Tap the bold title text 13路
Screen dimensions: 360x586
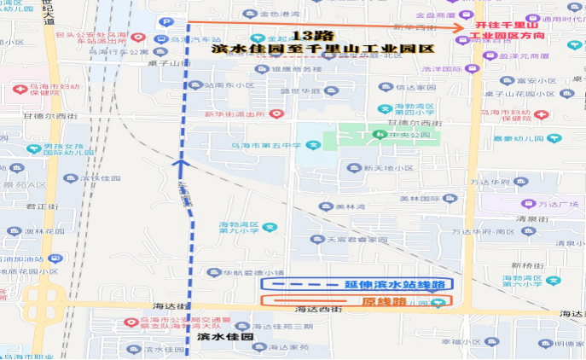[x=310, y=37]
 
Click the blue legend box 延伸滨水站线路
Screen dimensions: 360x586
[x=357, y=283]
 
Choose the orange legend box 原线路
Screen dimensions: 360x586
[x=357, y=301]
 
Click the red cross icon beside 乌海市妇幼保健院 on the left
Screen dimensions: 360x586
[x=18, y=89]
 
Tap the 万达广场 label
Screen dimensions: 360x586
[x=559, y=205]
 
